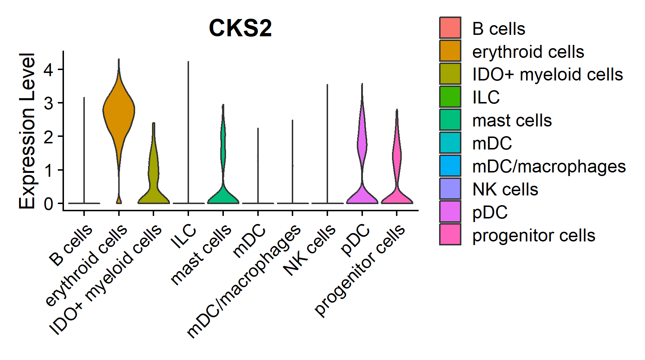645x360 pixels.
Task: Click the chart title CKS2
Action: (240, 28)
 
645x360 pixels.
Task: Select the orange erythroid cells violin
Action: (119, 111)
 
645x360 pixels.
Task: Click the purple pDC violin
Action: (362, 144)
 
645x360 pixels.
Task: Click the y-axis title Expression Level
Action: (27, 131)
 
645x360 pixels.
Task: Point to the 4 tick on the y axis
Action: (49, 69)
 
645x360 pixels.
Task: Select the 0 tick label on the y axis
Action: (49, 204)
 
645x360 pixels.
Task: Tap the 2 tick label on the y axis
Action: (49, 137)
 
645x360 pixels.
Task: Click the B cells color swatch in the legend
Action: (450, 28)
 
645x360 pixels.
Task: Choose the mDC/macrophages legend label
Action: (549, 166)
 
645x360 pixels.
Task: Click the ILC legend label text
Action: (486, 97)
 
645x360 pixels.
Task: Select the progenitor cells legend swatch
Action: (450, 235)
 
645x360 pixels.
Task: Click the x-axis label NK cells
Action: (309, 250)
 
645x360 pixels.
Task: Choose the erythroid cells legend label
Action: (528, 52)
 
